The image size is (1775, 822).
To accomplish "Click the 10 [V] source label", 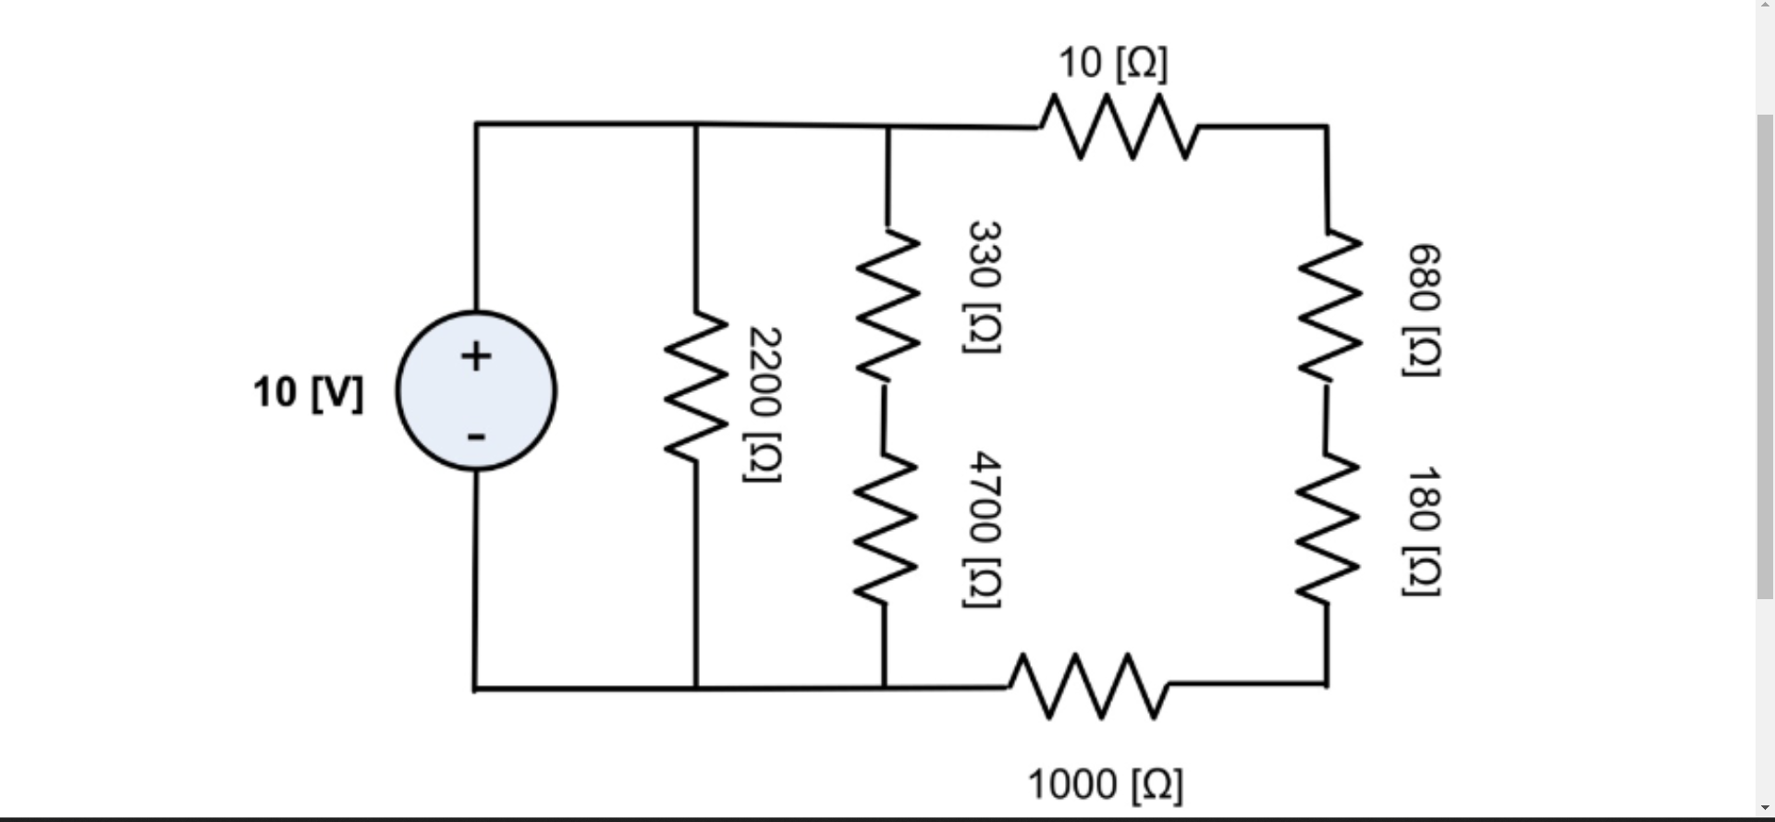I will pyautogui.click(x=309, y=393).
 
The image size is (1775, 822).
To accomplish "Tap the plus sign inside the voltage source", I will pyautogui.click(x=476, y=356).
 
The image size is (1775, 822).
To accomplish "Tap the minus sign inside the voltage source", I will pyautogui.click(x=476, y=436).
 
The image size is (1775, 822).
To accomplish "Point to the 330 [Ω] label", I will pyautogui.click(x=984, y=287).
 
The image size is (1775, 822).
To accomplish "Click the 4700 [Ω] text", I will pyautogui.click(x=984, y=529).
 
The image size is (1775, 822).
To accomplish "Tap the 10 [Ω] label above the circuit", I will pyautogui.click(x=1113, y=63).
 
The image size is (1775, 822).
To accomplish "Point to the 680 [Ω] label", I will pyautogui.click(x=1423, y=310).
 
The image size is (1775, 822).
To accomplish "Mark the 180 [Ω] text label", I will pyautogui.click(x=1423, y=531).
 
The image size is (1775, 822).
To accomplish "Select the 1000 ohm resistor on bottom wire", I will pyautogui.click(x=1088, y=686).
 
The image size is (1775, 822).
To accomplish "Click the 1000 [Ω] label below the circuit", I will pyautogui.click(x=1105, y=784).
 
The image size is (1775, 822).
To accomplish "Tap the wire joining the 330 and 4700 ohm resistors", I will pyautogui.click(x=885, y=416).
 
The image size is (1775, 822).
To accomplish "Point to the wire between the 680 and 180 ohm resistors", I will pyautogui.click(x=1328, y=416).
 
